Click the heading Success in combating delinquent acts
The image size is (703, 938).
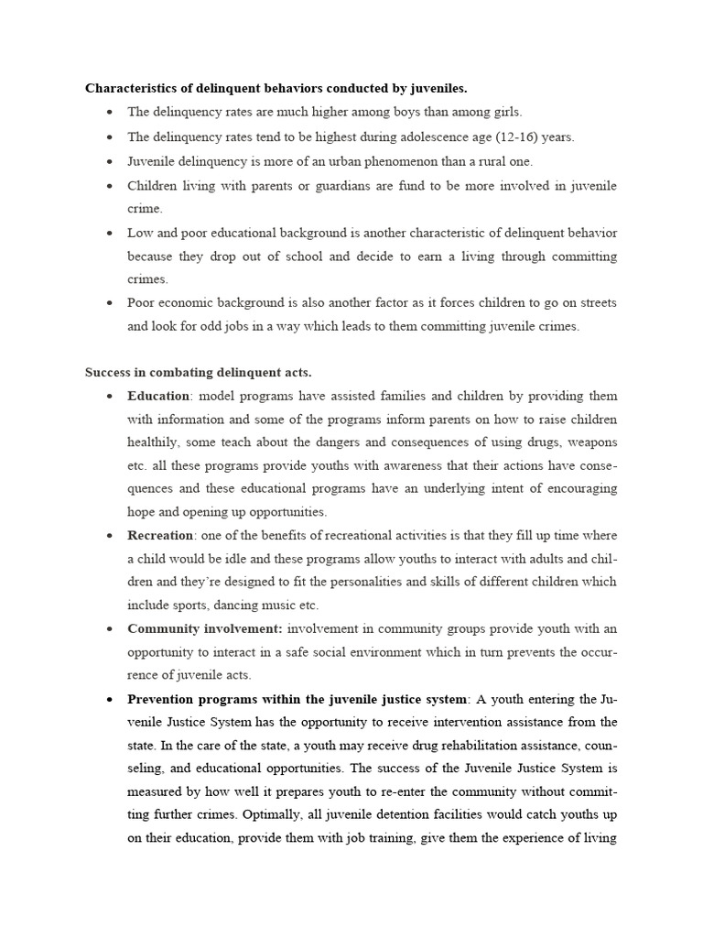199,373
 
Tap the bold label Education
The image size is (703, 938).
158,397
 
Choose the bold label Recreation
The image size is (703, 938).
160,535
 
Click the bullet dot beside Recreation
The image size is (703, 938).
109,536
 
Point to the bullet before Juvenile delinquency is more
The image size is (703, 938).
109,162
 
